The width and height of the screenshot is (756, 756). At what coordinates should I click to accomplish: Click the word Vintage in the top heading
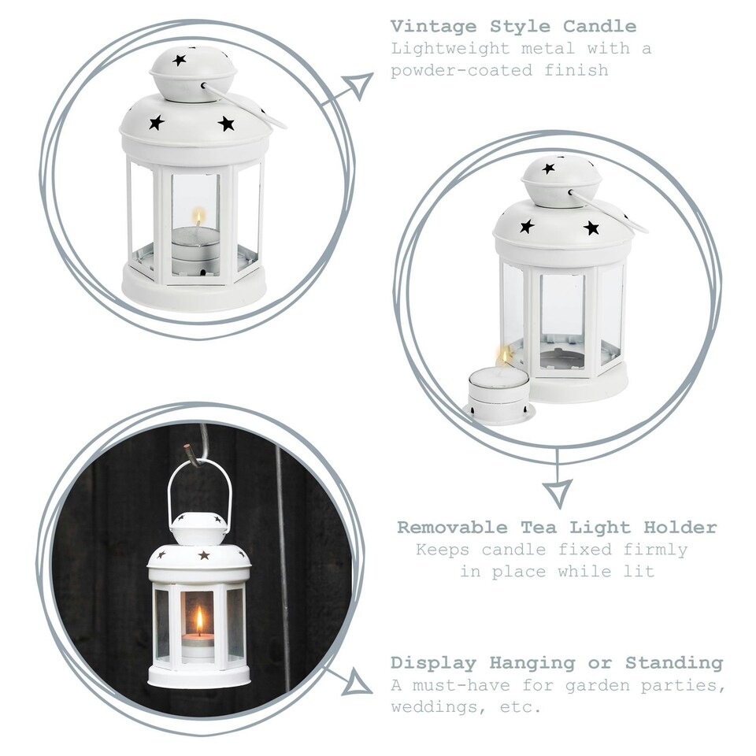(x=433, y=27)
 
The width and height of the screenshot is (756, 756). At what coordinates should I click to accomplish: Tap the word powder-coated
(x=461, y=70)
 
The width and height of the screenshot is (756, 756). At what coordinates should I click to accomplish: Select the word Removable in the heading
(x=452, y=527)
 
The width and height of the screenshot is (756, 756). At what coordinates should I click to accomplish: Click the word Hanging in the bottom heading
(x=532, y=663)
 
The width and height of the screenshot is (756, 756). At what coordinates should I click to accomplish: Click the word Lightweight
(x=450, y=49)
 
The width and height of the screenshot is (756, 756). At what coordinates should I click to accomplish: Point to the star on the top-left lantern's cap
(x=179, y=60)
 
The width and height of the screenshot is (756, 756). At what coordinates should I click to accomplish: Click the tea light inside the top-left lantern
(x=195, y=250)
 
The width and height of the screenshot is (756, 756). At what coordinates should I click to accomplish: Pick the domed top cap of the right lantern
(x=561, y=181)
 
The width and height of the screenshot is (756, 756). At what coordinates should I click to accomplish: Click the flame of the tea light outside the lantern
(x=504, y=358)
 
